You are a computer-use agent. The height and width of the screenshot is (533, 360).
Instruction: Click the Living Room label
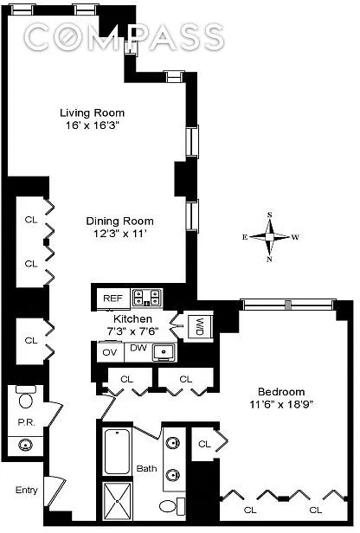(x=92, y=112)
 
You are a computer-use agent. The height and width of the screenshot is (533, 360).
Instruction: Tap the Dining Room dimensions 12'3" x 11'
(x=120, y=234)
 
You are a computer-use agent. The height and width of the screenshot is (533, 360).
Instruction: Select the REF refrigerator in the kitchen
(x=113, y=299)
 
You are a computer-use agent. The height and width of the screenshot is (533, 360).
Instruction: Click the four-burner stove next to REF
(x=147, y=298)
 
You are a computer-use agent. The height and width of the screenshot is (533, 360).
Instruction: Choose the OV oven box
(x=109, y=352)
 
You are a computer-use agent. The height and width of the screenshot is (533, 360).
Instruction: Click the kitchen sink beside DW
(x=164, y=352)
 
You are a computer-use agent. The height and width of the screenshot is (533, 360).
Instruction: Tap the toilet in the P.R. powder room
(x=25, y=396)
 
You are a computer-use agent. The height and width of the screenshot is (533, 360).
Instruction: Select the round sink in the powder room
(x=25, y=444)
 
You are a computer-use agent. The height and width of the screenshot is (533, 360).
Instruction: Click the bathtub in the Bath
(x=117, y=452)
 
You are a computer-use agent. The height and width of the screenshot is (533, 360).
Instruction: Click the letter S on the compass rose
(x=270, y=215)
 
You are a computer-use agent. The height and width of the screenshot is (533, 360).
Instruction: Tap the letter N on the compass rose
(x=270, y=260)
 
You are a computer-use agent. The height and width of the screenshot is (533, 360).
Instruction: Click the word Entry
(x=27, y=490)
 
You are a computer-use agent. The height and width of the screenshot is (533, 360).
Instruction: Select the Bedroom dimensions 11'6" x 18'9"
(x=280, y=405)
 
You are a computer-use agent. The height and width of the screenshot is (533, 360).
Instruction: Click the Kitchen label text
(x=132, y=318)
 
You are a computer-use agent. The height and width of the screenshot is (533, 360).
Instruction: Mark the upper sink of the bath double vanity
(x=173, y=443)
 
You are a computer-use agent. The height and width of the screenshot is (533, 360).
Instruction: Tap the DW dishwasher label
(x=138, y=348)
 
